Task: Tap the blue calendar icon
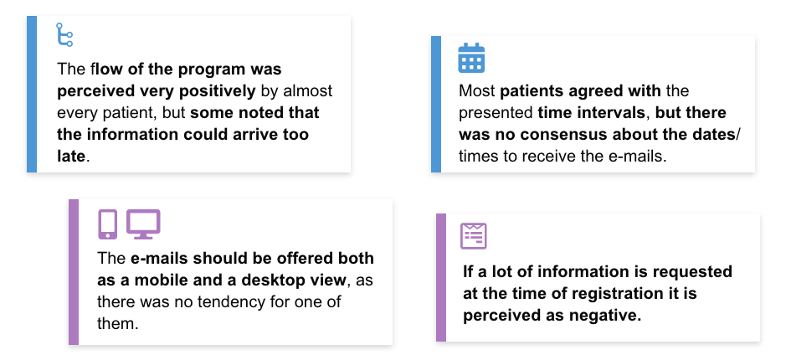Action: [x=471, y=58]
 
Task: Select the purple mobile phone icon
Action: [x=107, y=224]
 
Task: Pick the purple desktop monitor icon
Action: [x=143, y=224]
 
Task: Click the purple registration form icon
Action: [x=474, y=235]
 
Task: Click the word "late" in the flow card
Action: [x=71, y=156]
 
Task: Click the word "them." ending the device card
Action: [x=118, y=323]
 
